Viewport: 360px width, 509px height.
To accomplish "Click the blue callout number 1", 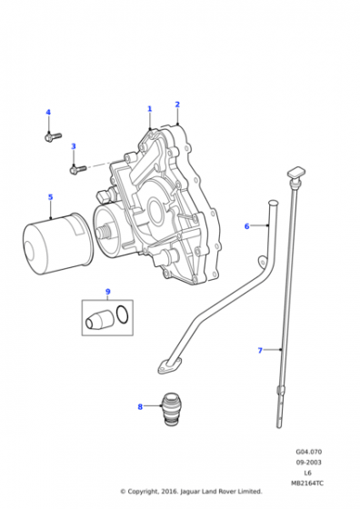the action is point(150,109).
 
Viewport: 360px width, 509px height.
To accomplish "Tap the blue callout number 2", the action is point(177,105).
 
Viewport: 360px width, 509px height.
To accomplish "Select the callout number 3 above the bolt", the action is point(74,146).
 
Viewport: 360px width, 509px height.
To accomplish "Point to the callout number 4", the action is point(48,113).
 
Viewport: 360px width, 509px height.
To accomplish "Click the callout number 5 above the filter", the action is point(50,197).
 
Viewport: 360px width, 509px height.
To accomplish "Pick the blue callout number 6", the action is point(246,226).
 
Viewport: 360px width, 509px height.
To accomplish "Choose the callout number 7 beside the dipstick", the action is point(260,351).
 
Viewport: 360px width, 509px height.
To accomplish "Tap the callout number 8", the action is point(140,407).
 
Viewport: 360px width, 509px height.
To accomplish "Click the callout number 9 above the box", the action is point(108,292).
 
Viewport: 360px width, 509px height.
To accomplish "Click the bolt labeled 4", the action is point(53,137).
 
